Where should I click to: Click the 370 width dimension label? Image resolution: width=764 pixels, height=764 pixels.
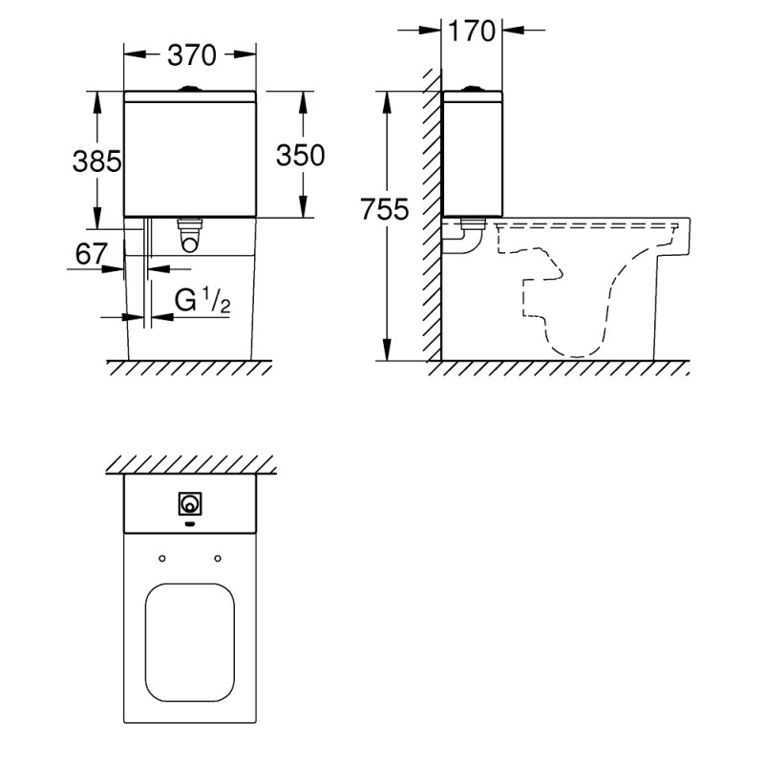click(191, 56)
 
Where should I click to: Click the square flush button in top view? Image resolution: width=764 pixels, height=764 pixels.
click(190, 502)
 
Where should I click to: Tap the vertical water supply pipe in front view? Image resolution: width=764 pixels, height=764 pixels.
click(146, 272)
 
